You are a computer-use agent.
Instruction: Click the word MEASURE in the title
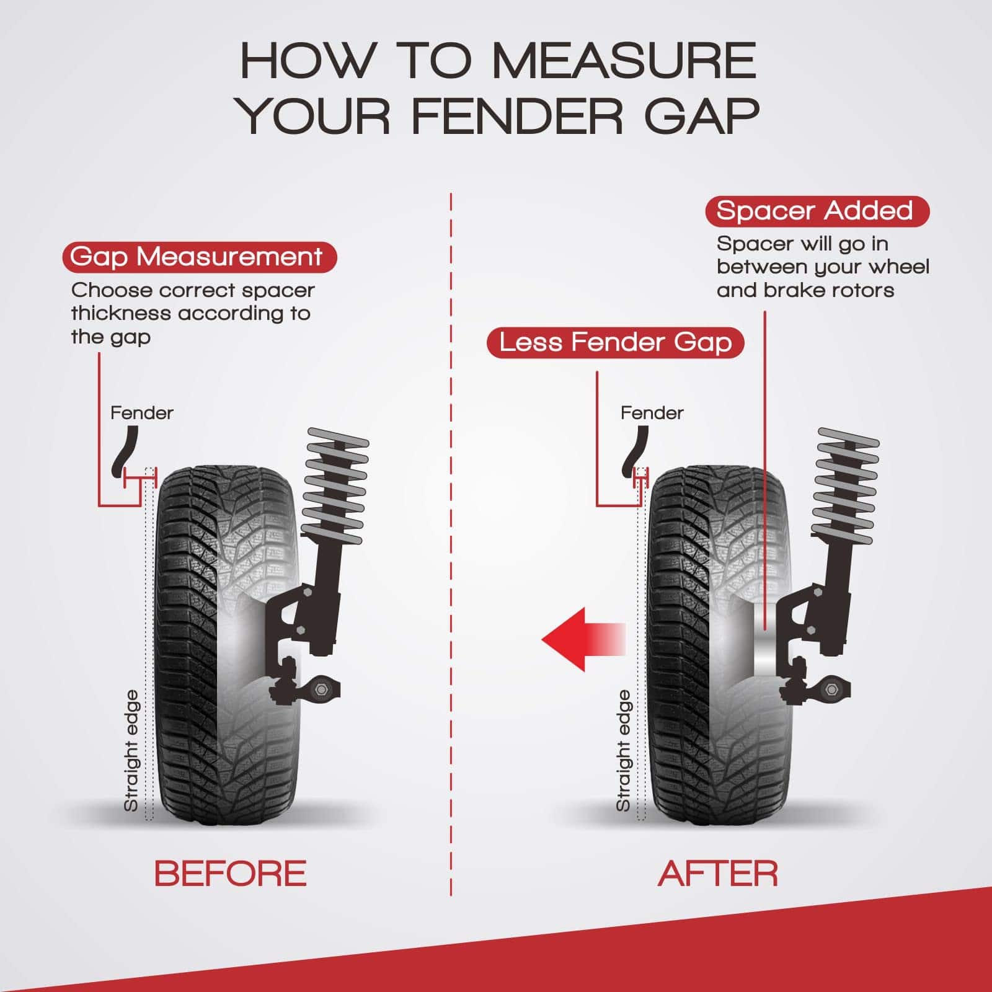(624, 61)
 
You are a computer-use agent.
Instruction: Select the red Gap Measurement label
(199, 257)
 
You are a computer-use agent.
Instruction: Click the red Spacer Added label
(817, 211)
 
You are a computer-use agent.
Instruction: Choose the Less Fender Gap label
(615, 342)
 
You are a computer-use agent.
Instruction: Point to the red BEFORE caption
(230, 873)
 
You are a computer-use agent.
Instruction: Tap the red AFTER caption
(717, 873)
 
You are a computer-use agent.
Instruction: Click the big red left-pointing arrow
(583, 639)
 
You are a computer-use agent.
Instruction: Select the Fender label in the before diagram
(142, 413)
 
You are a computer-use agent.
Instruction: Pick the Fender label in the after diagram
(652, 413)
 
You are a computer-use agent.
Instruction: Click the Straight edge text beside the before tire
(131, 751)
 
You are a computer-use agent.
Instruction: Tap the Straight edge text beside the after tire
(623, 751)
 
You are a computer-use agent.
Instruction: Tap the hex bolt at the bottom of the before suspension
(322, 689)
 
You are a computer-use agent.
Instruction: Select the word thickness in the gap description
(122, 313)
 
